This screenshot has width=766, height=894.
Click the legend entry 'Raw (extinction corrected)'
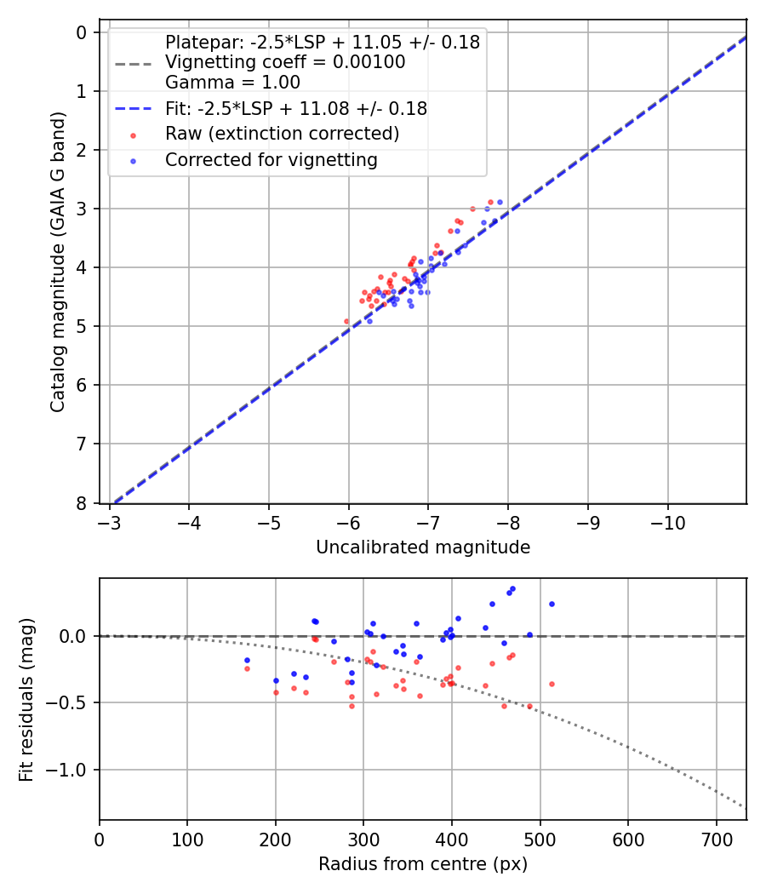[282, 134]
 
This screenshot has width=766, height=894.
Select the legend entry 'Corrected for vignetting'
[272, 160]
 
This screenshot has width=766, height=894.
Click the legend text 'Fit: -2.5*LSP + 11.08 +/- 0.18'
[296, 108]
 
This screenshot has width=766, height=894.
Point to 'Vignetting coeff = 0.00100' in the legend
[285, 62]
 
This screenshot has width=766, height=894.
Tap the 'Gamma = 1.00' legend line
[232, 83]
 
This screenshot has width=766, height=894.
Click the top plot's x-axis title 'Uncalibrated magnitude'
[423, 547]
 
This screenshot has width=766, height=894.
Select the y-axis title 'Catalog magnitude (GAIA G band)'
[58, 267]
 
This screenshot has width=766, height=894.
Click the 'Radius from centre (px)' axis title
[423, 864]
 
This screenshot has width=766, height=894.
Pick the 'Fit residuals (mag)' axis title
[27, 699]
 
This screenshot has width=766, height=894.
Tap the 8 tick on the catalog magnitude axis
[83, 503]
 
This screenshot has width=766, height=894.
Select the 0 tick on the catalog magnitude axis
[83, 32]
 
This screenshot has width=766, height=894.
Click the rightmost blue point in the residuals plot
[552, 604]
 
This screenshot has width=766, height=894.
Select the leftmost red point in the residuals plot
[247, 668]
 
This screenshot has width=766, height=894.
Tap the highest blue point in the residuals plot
[512, 588]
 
